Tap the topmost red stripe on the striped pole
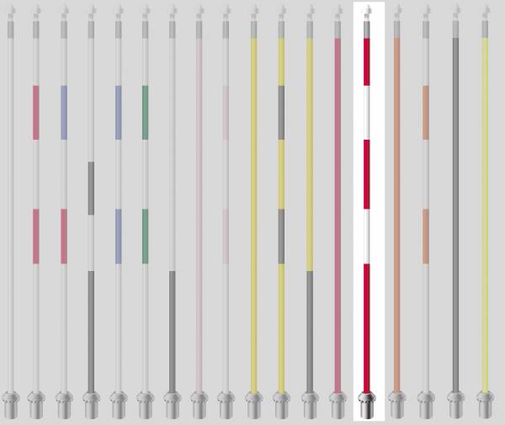click(367, 61)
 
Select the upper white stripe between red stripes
click(367, 112)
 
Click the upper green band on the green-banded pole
click(146, 112)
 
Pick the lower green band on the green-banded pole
click(146, 236)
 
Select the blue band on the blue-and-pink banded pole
click(64, 112)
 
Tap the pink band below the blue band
click(64, 236)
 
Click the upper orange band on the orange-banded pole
click(426, 112)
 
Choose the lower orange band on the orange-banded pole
click(426, 236)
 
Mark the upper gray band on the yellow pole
click(281, 112)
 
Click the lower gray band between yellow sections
click(281, 236)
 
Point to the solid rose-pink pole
click(338, 210)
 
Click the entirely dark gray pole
click(455, 210)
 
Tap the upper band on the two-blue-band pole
click(118, 112)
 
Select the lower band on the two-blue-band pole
click(118, 236)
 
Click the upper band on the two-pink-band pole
click(36, 112)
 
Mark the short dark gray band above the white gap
click(91, 188)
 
